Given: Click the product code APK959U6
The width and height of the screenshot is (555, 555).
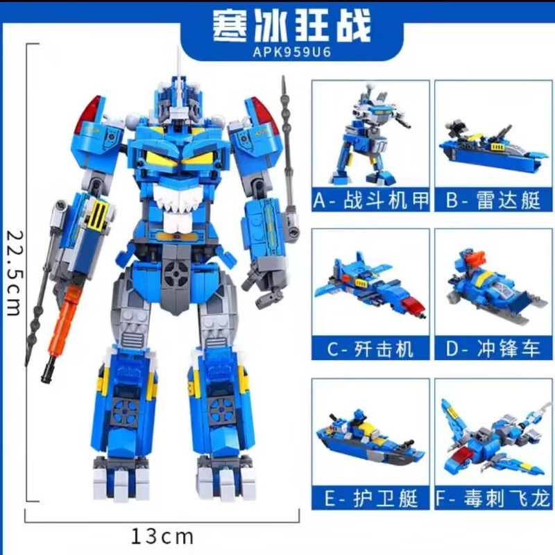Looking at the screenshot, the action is (x=292, y=53).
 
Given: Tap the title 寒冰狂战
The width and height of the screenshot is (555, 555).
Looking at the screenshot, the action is (x=291, y=26).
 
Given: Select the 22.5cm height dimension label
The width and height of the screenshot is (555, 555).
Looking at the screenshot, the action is (x=15, y=273).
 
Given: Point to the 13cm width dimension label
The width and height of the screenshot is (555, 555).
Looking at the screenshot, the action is (x=162, y=536).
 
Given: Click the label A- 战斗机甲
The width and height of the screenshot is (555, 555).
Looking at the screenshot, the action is (x=370, y=200).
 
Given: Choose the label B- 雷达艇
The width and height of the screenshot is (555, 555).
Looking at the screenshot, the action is (x=493, y=200).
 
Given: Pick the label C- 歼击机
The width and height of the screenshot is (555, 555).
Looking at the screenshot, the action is (x=370, y=349).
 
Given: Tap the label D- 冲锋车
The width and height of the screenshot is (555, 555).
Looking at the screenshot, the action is (x=493, y=349).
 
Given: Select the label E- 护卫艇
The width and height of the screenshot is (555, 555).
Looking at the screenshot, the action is (x=370, y=498).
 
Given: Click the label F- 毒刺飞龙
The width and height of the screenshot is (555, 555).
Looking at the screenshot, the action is (x=493, y=498).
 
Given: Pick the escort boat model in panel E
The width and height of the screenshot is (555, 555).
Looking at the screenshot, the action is (x=370, y=439).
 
